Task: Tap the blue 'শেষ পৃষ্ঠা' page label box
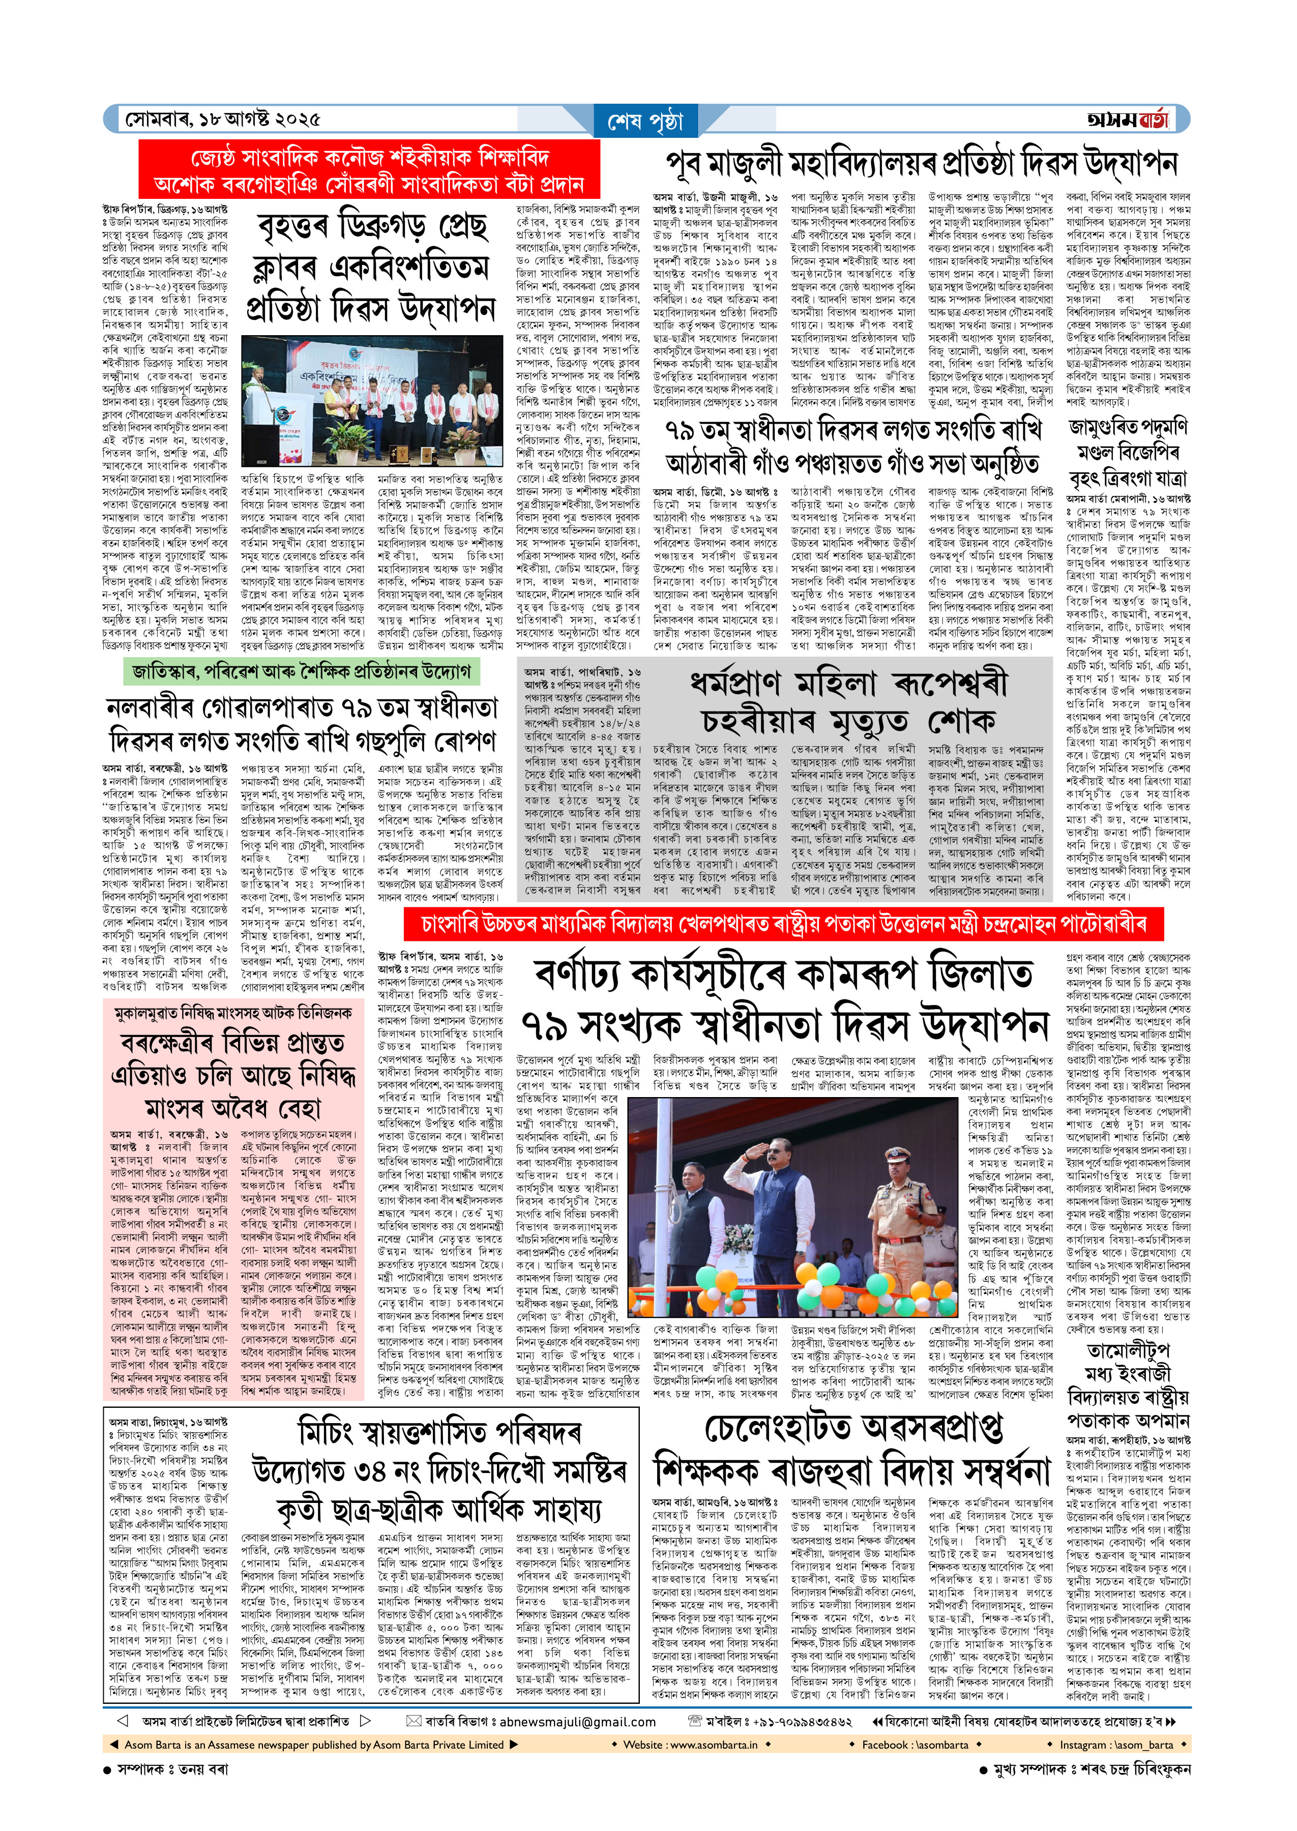click(646, 122)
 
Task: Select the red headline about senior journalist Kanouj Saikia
click(369, 169)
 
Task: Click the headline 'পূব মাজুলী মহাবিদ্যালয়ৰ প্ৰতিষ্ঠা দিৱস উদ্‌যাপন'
click(921, 164)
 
